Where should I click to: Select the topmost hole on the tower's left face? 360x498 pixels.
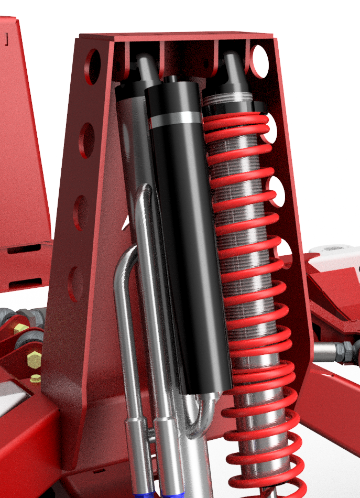click(93, 67)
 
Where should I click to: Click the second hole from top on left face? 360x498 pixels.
click(86, 140)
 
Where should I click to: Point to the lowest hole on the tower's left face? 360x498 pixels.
click(76, 284)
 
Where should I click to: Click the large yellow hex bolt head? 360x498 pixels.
click(34, 360)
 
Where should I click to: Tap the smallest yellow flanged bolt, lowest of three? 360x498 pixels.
click(35, 378)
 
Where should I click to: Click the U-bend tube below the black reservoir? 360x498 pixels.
click(199, 419)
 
